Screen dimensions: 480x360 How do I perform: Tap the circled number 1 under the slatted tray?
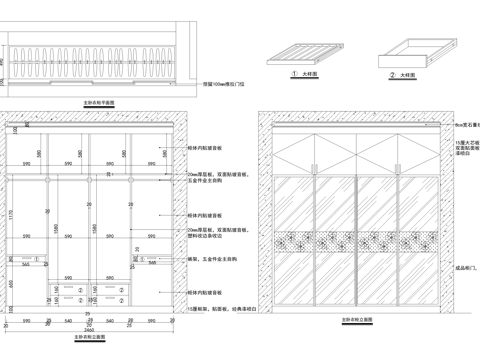[294, 74]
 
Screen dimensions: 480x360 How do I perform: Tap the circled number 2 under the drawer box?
[392, 74]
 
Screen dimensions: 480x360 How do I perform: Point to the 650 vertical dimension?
[11, 283]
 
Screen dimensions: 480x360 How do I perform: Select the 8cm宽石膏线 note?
[464, 123]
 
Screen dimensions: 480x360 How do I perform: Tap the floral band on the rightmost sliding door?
[420, 241]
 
